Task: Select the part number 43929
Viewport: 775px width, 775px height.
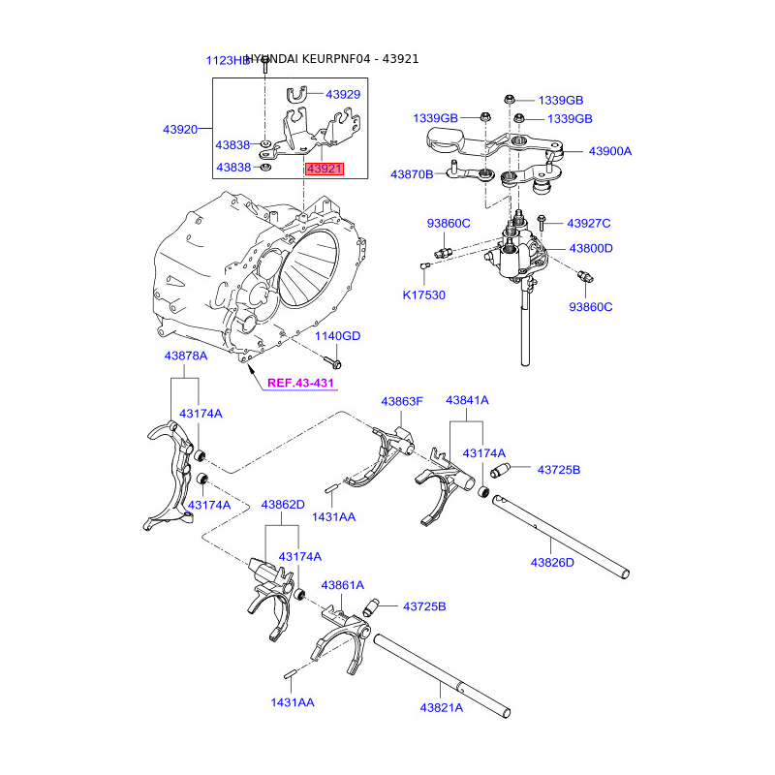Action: [342, 95]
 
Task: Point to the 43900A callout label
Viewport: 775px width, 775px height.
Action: [609, 151]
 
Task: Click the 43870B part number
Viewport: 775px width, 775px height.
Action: [412, 174]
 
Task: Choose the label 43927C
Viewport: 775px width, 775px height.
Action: [589, 224]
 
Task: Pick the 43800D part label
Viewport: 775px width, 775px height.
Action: [590, 248]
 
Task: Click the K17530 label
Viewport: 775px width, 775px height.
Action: [424, 294]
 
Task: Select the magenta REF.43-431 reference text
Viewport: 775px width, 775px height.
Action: [300, 384]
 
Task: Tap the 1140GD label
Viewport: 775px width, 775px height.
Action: [337, 336]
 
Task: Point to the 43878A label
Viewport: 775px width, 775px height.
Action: [185, 356]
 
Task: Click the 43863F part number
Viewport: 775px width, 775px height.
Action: [402, 400]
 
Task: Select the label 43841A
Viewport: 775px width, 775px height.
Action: [467, 400]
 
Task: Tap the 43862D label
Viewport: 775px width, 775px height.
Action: [282, 505]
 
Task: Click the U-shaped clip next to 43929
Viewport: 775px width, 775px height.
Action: [297, 94]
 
